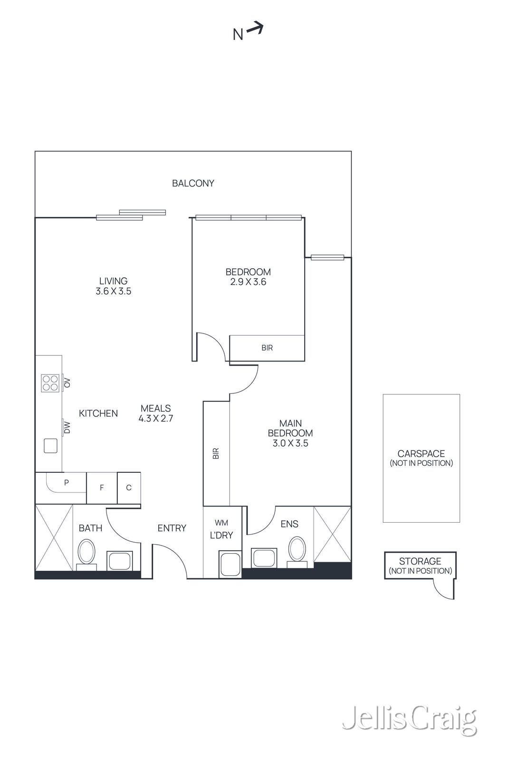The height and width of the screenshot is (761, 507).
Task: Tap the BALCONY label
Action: click(x=193, y=183)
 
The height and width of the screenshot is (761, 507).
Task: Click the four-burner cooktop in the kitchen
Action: click(x=50, y=382)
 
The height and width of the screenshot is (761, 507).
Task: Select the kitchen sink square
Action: click(x=50, y=446)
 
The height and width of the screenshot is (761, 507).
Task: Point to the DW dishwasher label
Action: click(x=67, y=428)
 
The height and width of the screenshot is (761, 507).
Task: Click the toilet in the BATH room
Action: click(x=86, y=553)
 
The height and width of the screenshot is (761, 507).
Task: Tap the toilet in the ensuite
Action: click(x=297, y=550)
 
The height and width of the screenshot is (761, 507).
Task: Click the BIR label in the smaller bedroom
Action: click(x=267, y=348)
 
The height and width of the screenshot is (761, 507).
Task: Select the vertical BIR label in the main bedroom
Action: click(x=216, y=453)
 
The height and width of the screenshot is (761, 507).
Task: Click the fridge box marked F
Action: click(x=102, y=488)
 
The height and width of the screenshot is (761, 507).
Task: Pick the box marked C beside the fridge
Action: click(x=129, y=488)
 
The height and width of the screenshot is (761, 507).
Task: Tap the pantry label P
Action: click(x=67, y=482)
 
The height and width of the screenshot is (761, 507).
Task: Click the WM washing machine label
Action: click(x=221, y=523)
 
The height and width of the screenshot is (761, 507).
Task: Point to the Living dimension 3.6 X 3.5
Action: click(x=114, y=291)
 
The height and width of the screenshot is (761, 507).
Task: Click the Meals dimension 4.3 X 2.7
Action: click(x=156, y=419)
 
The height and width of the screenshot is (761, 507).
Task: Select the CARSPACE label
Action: click(x=421, y=454)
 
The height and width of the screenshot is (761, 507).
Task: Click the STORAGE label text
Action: click(x=420, y=561)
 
